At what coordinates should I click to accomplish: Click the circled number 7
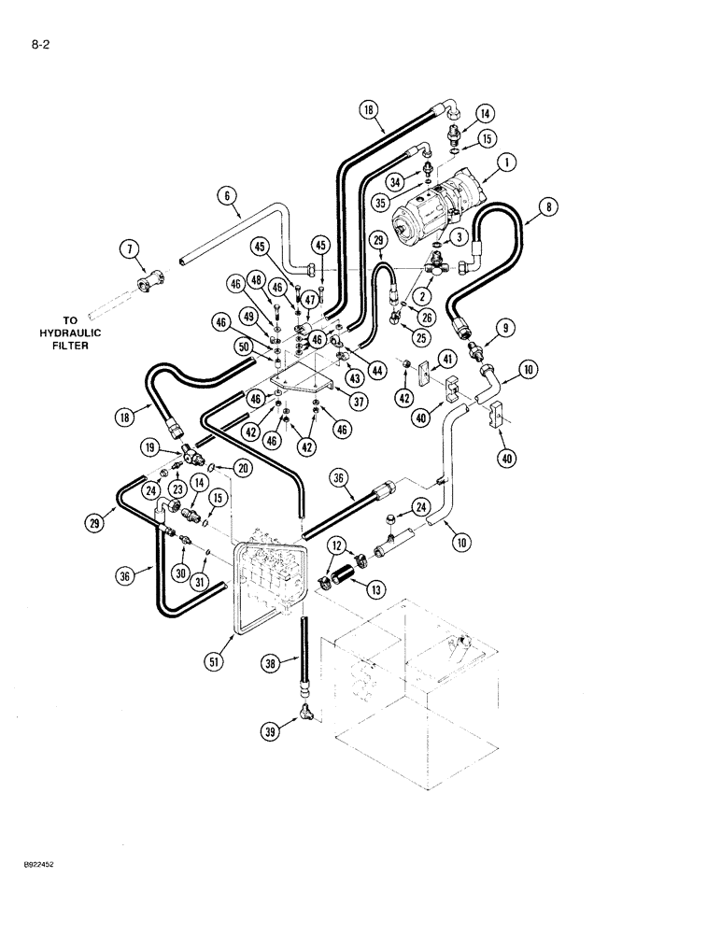[x=128, y=248]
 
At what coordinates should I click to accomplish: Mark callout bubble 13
[x=375, y=589]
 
